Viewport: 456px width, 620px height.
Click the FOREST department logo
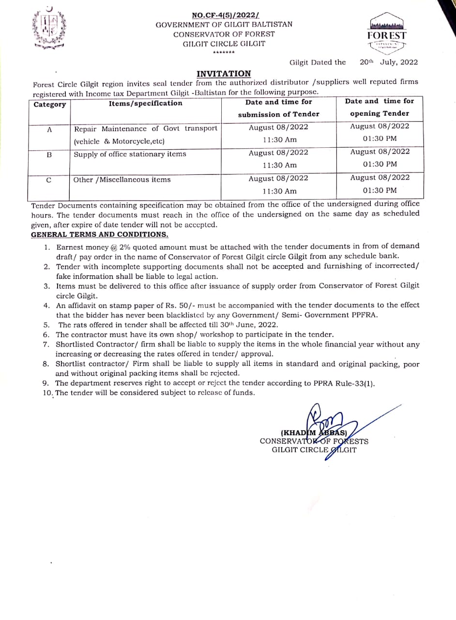[387, 33]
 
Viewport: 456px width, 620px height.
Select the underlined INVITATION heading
[224, 74]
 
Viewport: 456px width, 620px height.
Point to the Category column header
[50, 105]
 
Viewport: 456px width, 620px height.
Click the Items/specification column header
[146, 103]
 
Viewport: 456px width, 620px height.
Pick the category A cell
[49, 129]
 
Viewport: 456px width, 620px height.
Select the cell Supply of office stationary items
[130, 155]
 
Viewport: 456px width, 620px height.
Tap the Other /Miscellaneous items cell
[122, 180]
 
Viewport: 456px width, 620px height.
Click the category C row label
[49, 180]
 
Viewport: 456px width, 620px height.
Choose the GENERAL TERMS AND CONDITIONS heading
[100, 234]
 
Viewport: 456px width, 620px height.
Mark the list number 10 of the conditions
[47, 393]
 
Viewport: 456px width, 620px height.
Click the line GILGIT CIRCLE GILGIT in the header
[224, 44]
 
